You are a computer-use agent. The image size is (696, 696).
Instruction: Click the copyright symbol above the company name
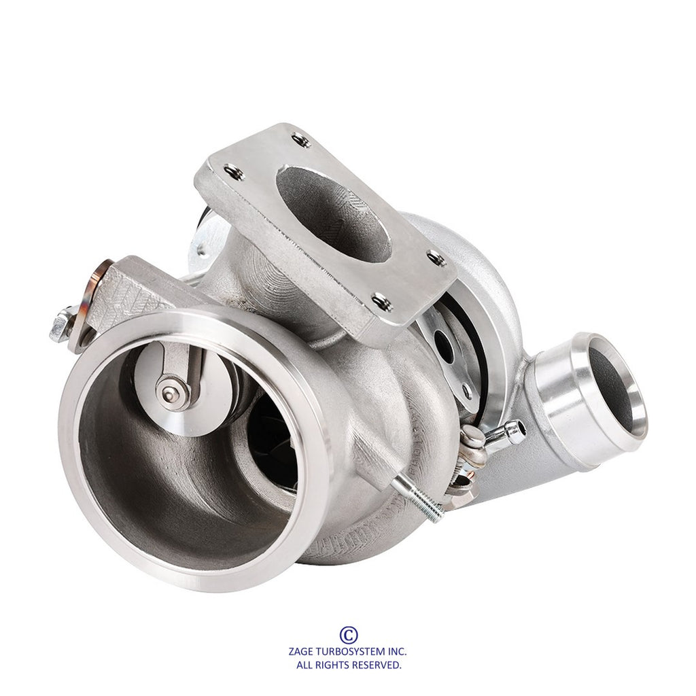(x=349, y=635)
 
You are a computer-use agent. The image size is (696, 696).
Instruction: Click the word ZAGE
(x=302, y=652)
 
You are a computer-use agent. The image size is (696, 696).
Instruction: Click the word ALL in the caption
(x=304, y=665)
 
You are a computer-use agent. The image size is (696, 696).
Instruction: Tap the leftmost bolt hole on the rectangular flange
(x=234, y=172)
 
